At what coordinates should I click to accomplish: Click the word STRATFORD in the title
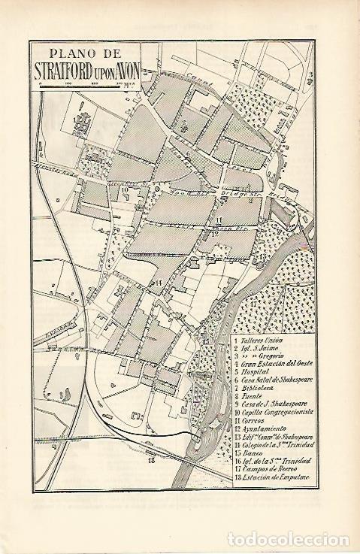pos(71,73)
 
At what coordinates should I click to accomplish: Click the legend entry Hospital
pos(255,371)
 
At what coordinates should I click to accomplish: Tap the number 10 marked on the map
pos(126,190)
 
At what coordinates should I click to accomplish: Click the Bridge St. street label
pos(234,193)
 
